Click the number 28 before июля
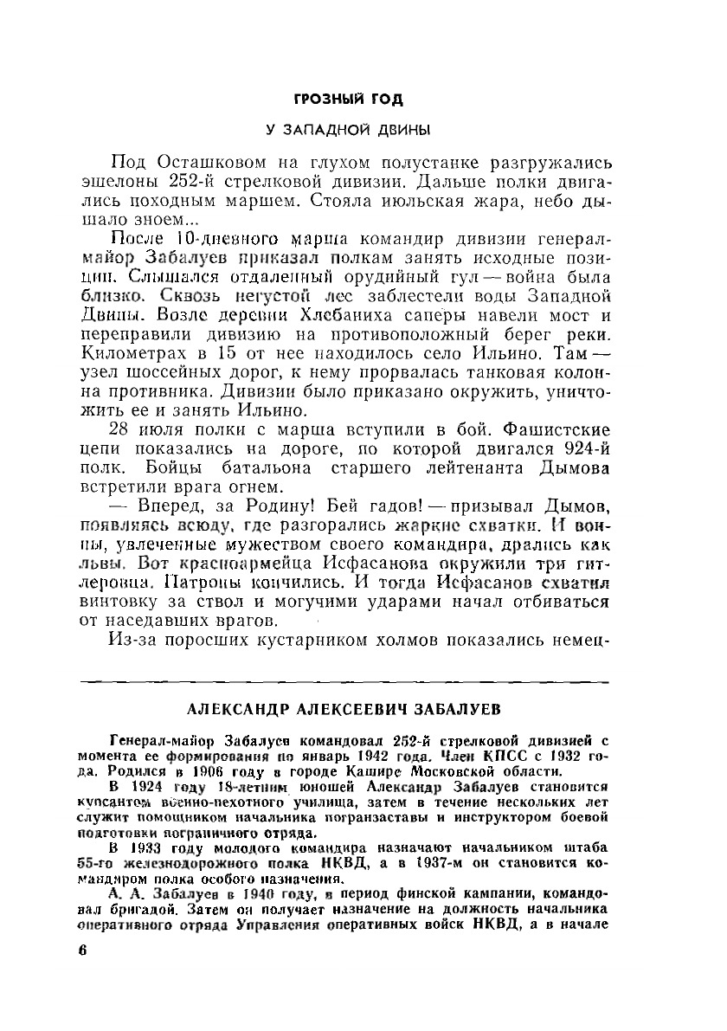click(125, 430)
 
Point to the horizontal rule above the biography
click(343, 683)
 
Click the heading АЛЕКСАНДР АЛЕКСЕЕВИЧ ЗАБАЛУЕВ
click(344, 711)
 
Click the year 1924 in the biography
click(150, 787)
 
